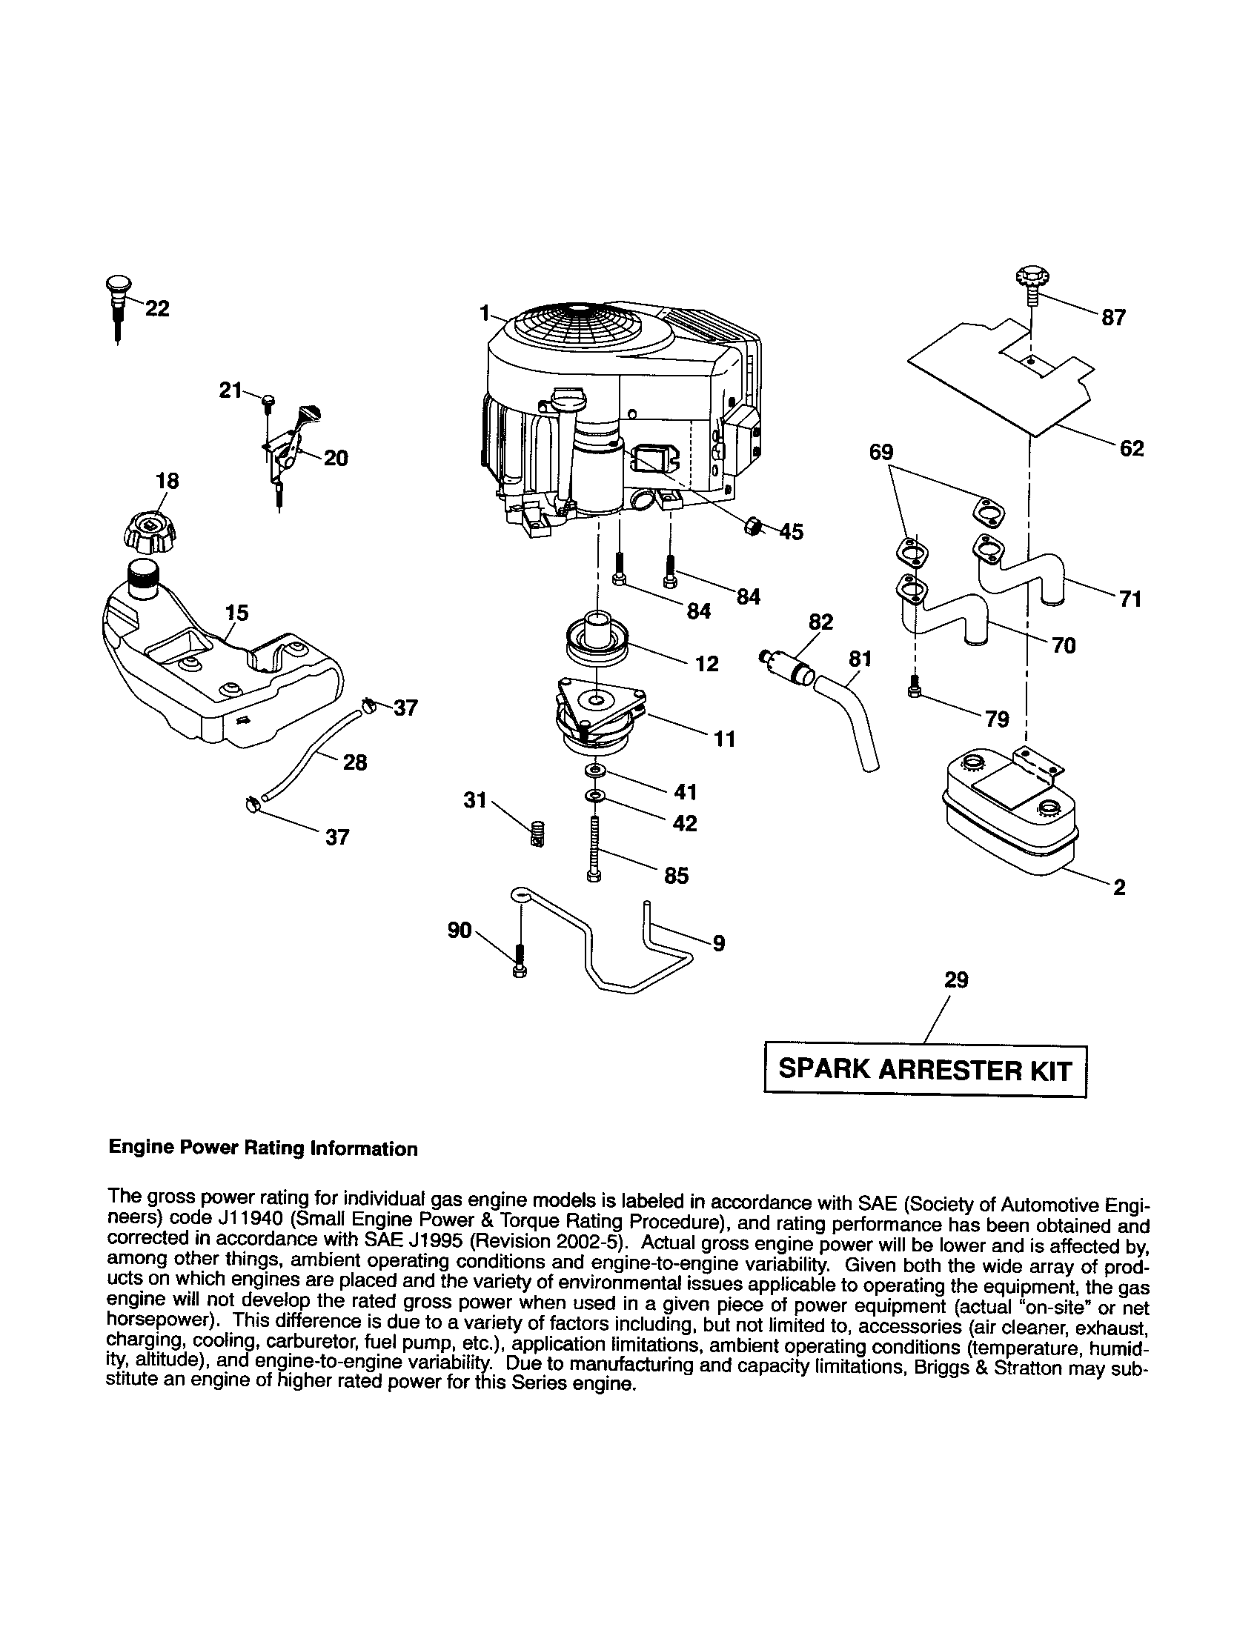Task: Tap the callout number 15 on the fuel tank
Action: coord(236,613)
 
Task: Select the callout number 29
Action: coord(956,979)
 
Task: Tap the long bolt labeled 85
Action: coord(595,848)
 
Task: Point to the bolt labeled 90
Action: coord(520,961)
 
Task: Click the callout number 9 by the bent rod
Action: coord(718,943)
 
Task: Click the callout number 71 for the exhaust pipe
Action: coord(1130,599)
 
